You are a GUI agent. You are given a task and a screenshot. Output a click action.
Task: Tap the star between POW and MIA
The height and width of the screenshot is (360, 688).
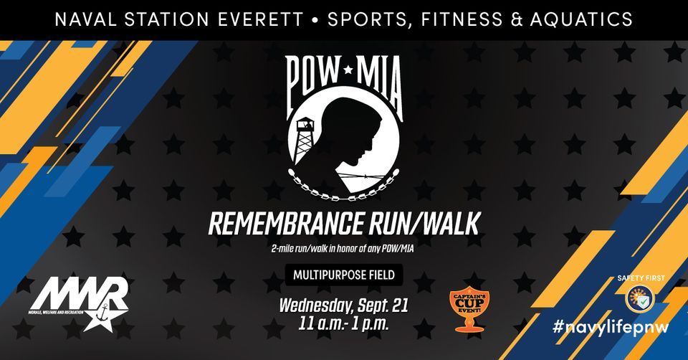click(x=343, y=71)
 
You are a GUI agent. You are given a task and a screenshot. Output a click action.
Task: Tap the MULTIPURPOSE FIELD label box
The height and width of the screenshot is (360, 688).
click(x=343, y=274)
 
